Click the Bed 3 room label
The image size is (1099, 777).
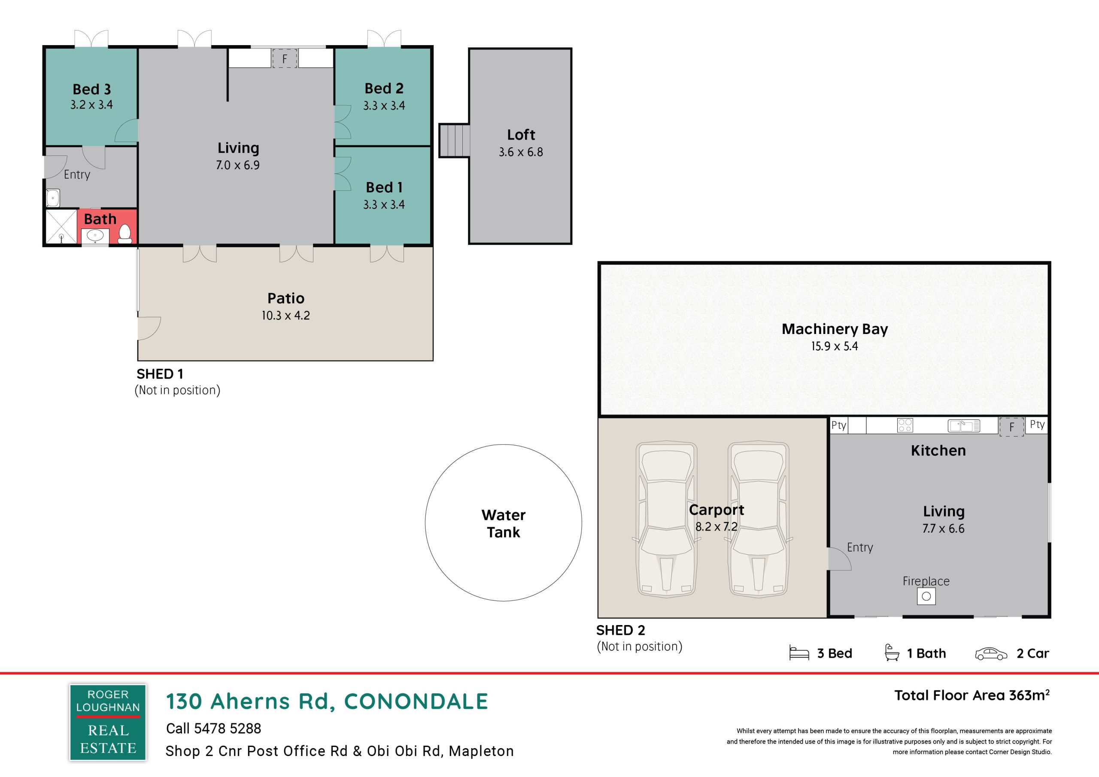pyautogui.click(x=92, y=90)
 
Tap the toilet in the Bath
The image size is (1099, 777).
pyautogui.click(x=125, y=234)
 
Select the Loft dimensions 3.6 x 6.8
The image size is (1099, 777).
pyautogui.click(x=521, y=152)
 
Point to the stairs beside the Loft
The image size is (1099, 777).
pyautogui.click(x=454, y=140)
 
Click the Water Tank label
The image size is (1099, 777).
pyautogui.click(x=504, y=523)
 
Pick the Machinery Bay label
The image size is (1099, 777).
pyautogui.click(x=835, y=329)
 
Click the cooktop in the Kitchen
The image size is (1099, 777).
pyautogui.click(x=905, y=425)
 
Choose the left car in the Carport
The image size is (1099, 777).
pyautogui.click(x=666, y=519)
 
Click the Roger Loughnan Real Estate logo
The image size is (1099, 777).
pyautogui.click(x=108, y=722)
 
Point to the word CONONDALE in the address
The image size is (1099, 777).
pyautogui.click(x=416, y=701)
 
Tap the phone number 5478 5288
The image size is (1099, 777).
pyautogui.click(x=228, y=728)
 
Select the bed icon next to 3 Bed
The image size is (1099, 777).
pyautogui.click(x=799, y=653)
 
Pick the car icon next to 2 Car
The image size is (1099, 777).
pyautogui.click(x=991, y=653)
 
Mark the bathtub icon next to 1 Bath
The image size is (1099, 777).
pyautogui.click(x=892, y=653)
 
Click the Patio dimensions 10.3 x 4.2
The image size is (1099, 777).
pyautogui.click(x=286, y=316)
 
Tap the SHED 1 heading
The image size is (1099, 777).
pyautogui.click(x=160, y=374)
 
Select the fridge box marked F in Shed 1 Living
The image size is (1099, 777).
pyautogui.click(x=285, y=58)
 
